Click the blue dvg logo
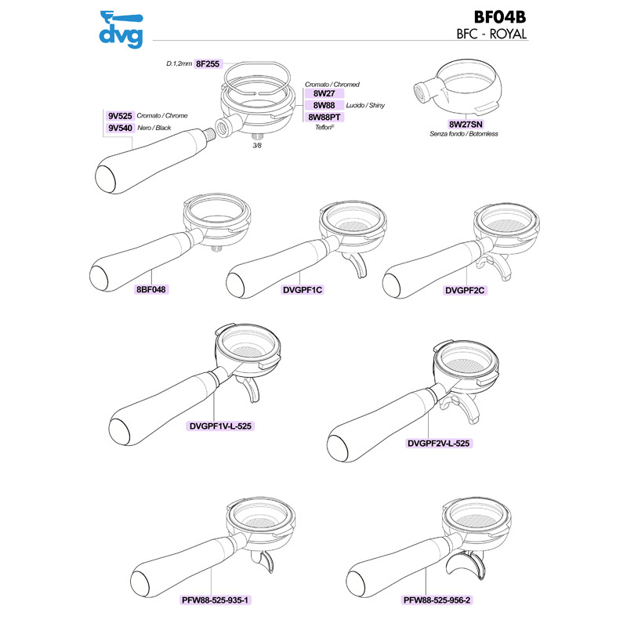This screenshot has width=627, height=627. (x=121, y=30)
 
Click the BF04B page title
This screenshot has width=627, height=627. (x=500, y=17)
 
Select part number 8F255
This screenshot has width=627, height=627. (x=208, y=63)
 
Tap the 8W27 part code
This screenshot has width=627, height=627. (x=324, y=93)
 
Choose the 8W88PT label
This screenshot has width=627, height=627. (x=324, y=117)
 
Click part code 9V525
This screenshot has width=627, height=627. (x=120, y=116)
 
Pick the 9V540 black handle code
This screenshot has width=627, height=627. (x=120, y=128)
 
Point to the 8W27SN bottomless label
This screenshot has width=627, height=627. (x=466, y=125)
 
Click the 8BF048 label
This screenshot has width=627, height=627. (x=150, y=289)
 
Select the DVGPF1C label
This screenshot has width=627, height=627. (x=303, y=290)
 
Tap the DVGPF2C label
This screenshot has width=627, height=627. (x=465, y=290)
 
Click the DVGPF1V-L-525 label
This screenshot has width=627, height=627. (x=220, y=426)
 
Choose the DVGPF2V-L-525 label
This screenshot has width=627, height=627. (x=438, y=443)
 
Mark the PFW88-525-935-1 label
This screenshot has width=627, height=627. (x=215, y=600)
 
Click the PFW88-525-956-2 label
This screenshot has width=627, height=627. (x=437, y=600)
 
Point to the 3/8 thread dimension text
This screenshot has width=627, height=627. (x=257, y=146)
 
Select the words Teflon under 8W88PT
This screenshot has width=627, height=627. (x=324, y=127)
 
